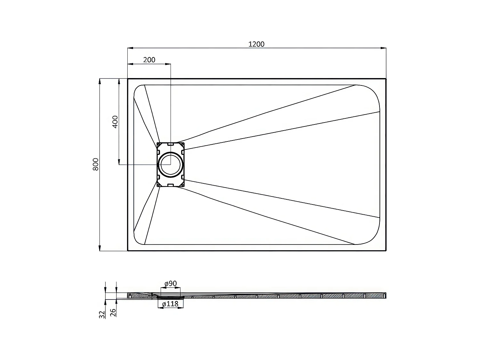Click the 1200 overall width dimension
(x=256, y=44)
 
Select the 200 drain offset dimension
(x=149, y=60)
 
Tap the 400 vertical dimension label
(x=115, y=121)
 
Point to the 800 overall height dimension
(x=96, y=164)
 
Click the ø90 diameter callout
(x=171, y=284)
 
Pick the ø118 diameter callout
(x=170, y=304)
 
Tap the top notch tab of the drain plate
(x=171, y=144)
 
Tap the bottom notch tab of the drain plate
(x=171, y=185)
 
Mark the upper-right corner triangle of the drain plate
(x=182, y=145)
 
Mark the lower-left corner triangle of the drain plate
(x=159, y=184)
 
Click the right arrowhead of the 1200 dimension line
(x=384, y=48)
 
